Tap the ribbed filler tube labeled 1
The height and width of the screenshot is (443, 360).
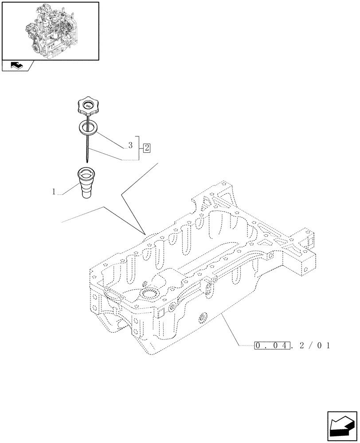[86, 184]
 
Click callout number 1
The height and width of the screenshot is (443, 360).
[54, 192]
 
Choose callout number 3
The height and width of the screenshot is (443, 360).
[130, 145]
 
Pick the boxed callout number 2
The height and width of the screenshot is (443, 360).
[146, 148]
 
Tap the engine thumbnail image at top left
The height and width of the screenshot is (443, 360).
[51, 31]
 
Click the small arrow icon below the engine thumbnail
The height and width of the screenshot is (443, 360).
[16, 66]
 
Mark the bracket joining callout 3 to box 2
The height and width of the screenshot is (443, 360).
[140, 148]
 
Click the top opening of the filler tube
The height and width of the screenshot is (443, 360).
[86, 172]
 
